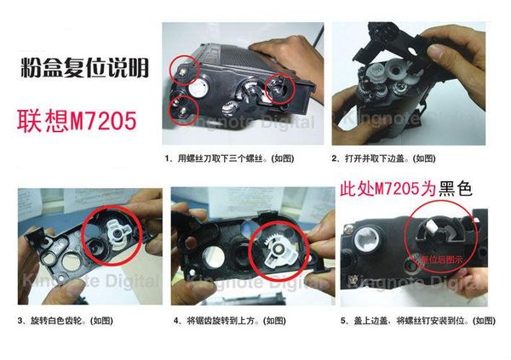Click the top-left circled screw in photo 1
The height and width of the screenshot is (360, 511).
[182, 66]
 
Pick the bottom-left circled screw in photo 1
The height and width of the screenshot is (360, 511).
[184, 108]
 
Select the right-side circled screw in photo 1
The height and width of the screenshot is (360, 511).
[279, 86]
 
